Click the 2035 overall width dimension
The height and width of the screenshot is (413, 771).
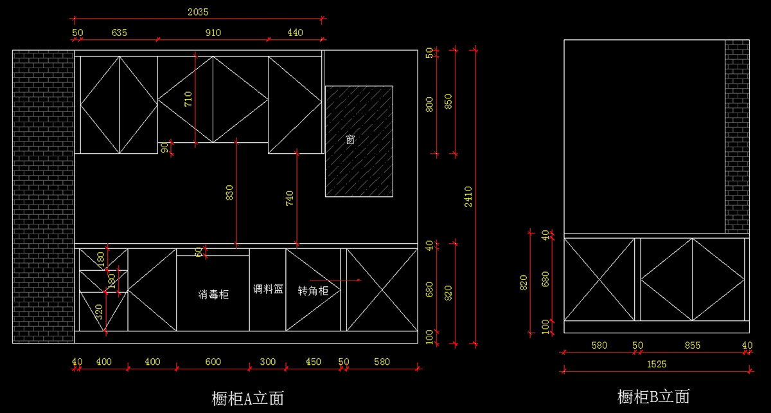coord(198,12)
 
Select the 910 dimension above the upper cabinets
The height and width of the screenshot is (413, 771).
coord(213,33)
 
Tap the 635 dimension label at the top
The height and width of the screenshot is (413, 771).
coord(120,33)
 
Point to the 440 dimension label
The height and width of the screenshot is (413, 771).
coord(295,33)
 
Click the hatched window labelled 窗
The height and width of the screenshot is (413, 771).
coord(359,142)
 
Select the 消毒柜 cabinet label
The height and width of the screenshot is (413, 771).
coord(213,295)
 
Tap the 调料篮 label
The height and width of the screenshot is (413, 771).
coord(268,289)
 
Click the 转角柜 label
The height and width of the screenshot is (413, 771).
coord(313,291)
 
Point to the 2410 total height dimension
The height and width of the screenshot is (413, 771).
coord(468,196)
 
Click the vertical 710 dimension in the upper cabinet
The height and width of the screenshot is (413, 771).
coord(188,99)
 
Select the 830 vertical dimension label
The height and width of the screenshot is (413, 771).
coord(229,193)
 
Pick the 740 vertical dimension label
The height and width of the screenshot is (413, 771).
coord(290,198)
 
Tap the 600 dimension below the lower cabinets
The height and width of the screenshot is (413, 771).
coord(213,362)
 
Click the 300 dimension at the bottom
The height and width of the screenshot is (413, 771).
coord(268,362)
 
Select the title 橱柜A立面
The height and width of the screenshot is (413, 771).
coord(248,398)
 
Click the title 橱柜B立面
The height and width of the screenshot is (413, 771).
coord(653,396)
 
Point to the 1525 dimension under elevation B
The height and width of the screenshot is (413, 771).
coord(657,364)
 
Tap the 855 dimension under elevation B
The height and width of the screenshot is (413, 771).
coord(693,345)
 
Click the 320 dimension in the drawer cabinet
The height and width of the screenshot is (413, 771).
coord(99,312)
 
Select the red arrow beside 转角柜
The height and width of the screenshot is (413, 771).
coord(335,280)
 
